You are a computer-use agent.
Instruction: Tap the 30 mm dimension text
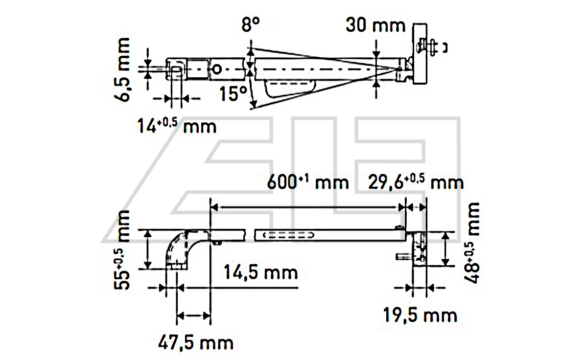pyautogui.click(x=375, y=25)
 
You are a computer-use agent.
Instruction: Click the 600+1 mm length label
pyautogui.click(x=308, y=182)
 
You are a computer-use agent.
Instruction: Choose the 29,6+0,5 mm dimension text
pyautogui.click(x=416, y=182)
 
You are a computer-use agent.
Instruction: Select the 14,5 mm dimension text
pyautogui.click(x=260, y=271)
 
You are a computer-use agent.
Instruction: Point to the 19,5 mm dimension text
pyautogui.click(x=420, y=315)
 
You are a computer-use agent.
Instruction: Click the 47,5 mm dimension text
pyautogui.click(x=195, y=342)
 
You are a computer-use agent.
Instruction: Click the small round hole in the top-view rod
pyautogui.click(x=218, y=68)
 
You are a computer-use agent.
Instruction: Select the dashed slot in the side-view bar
pyautogui.click(x=288, y=235)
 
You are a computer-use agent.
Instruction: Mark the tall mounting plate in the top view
pyautogui.click(x=421, y=54)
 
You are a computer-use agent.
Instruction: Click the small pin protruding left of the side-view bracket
pyautogui.click(x=400, y=256)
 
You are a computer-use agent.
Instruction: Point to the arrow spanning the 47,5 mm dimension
pyautogui.click(x=193, y=316)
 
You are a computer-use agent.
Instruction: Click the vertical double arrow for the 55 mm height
pyautogui.click(x=146, y=249)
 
